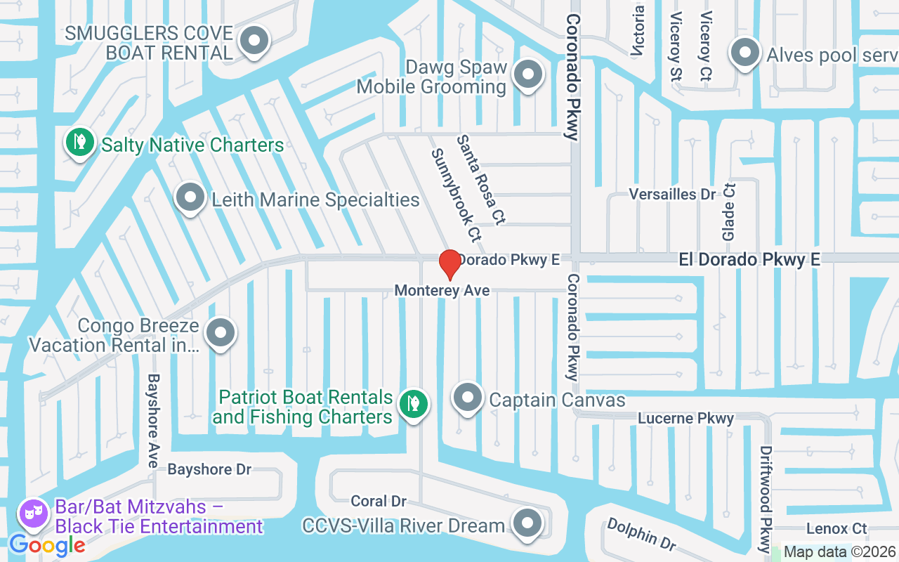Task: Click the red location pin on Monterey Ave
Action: coord(449,264)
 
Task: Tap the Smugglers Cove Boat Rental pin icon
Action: coord(254,41)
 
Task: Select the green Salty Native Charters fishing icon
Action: coord(80,143)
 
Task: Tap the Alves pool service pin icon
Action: coord(745,53)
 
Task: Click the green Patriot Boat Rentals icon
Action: coord(414,404)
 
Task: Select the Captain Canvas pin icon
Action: coord(467,398)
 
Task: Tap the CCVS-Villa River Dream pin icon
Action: coord(527,523)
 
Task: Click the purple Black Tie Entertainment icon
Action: coord(33,515)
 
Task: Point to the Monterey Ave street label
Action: coord(442,290)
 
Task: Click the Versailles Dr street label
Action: coord(671,194)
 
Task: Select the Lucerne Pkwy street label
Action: coord(685,419)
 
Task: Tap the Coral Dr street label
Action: coord(379,501)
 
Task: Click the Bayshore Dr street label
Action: coord(209,469)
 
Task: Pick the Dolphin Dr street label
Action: coord(641,534)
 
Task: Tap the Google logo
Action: coord(47,544)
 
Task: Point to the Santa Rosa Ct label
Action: coord(480,180)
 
